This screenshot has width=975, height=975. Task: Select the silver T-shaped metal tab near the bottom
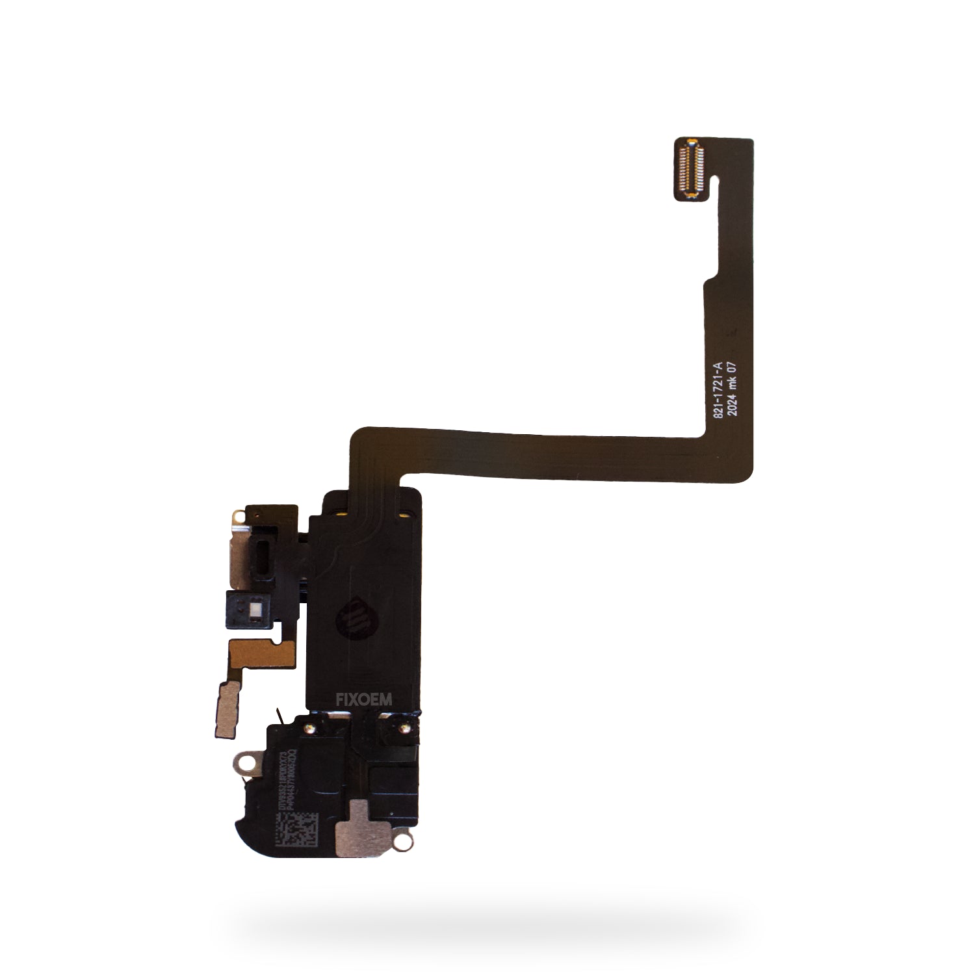[x=354, y=818]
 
